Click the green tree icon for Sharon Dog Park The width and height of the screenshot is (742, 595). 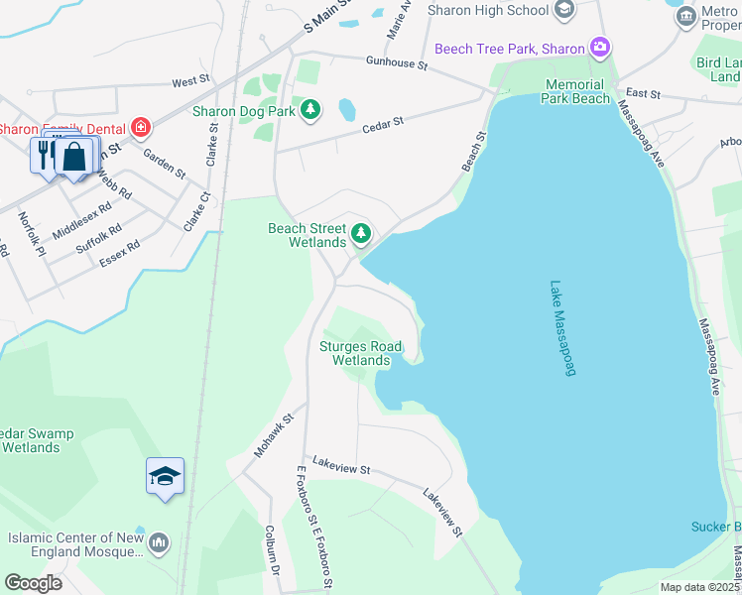point(310,109)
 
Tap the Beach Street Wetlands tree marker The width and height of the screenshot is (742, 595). point(361,234)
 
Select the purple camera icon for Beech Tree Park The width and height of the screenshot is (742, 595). point(599,47)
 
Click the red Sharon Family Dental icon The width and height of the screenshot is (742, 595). point(142,127)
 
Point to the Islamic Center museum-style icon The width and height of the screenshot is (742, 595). point(160,542)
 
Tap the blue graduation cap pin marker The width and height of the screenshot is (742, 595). point(165,476)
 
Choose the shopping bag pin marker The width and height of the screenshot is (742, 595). point(74,156)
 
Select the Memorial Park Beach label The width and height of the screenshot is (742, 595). point(575,92)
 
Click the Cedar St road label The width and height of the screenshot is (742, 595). point(383,123)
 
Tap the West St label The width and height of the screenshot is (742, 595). point(191,80)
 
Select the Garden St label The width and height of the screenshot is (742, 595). point(164,163)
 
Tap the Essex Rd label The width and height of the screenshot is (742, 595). point(120,253)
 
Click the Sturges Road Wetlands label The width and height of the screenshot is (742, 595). point(360,353)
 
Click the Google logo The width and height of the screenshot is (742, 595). point(33,582)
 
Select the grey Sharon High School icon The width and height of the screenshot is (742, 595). point(563,10)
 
